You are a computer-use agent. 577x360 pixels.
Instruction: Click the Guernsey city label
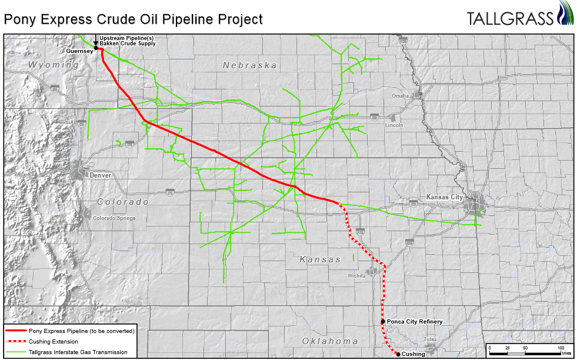[x=80, y=51]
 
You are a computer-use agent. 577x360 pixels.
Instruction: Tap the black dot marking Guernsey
[x=96, y=49]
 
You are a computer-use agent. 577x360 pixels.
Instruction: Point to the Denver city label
[x=101, y=175]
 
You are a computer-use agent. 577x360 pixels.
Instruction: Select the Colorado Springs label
[x=114, y=218]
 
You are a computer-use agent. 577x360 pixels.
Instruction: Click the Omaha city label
[x=400, y=95]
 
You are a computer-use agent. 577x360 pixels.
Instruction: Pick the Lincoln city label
[x=394, y=125]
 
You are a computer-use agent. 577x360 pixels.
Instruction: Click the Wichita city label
[x=356, y=275]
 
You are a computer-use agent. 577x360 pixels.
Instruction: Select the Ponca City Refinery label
[x=414, y=322]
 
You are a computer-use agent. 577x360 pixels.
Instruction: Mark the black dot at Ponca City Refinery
[x=383, y=322]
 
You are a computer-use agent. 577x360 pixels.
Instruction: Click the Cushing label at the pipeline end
[x=413, y=354]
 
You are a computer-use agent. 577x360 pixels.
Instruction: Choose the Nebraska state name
[x=249, y=65]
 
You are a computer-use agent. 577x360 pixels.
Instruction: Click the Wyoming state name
[x=54, y=65]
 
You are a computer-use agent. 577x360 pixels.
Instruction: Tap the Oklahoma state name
[x=330, y=341]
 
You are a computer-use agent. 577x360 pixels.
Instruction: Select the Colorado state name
[x=123, y=202]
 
